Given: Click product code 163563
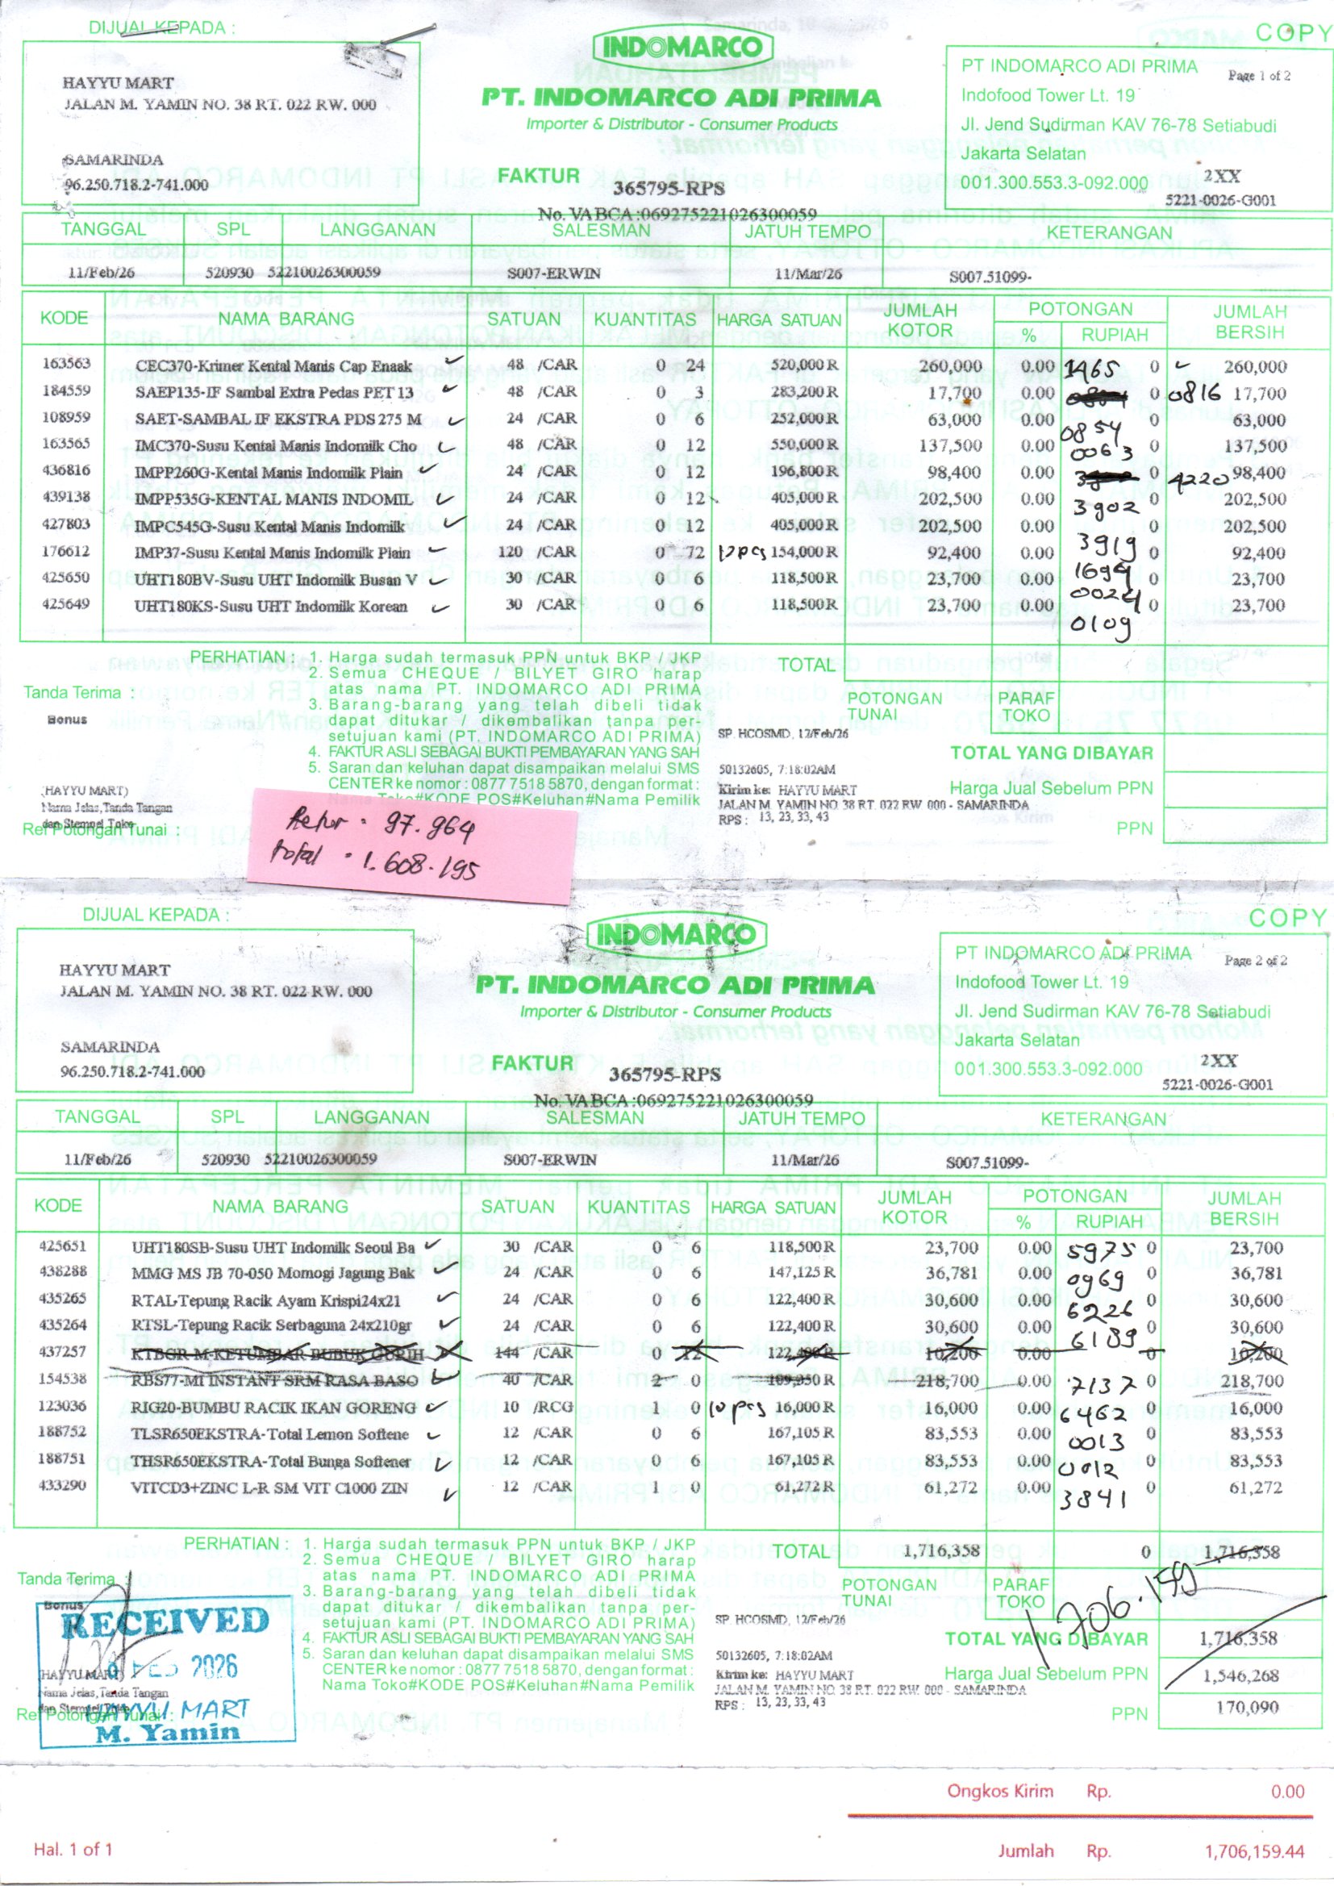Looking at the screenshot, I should click(65, 364).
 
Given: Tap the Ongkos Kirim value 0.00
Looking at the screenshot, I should click(1286, 1790).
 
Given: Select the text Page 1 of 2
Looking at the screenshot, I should click(1258, 76).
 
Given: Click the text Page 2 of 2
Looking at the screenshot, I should click(1255, 960).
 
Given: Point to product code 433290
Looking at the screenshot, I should click(62, 1484).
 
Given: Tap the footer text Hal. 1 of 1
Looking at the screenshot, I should click(73, 1849).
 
